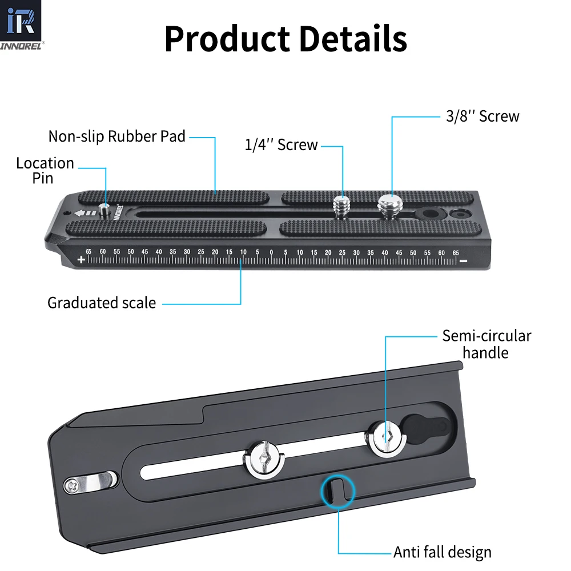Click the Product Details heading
[x=285, y=39]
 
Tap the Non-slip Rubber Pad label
[x=117, y=136]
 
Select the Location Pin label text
[x=45, y=170]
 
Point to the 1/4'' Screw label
[x=281, y=145]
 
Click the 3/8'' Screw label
[x=482, y=116]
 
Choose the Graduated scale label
[x=102, y=303]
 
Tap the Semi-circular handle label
[x=486, y=344]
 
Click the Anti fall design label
[x=442, y=552]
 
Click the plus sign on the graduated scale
[x=81, y=260]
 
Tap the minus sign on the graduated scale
[x=463, y=261]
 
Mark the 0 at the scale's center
[x=271, y=252]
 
